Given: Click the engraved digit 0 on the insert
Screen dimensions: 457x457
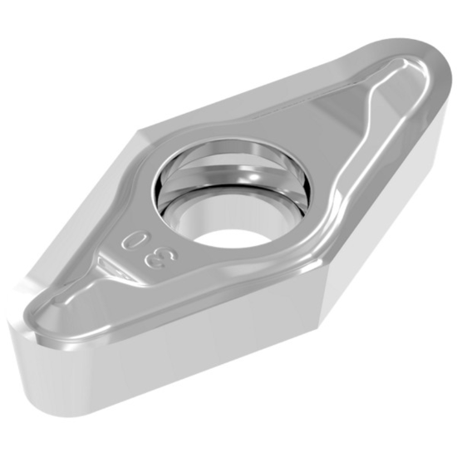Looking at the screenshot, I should [x=130, y=242].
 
